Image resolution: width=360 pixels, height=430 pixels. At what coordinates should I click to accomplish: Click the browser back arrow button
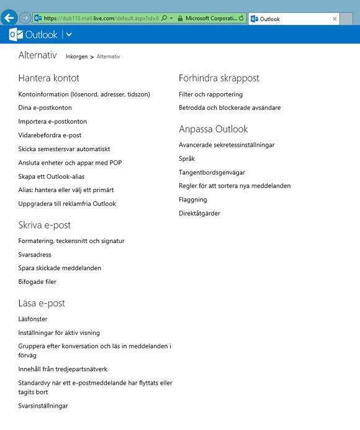[9, 18]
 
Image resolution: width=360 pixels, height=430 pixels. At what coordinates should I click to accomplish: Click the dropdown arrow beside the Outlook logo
[68, 35]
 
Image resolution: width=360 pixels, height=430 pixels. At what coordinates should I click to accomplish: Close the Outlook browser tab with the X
[335, 19]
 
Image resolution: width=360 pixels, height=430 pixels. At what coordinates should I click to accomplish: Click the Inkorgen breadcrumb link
[77, 57]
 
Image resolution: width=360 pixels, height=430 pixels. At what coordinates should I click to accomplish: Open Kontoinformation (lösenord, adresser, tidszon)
[84, 94]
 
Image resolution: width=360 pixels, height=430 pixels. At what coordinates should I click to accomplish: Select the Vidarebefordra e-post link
[50, 135]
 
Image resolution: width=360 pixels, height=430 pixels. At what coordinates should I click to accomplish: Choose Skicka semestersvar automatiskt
[64, 149]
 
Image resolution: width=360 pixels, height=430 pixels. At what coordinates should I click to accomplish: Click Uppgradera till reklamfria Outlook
[67, 204]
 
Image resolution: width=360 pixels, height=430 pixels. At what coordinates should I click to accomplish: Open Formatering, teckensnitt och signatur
[71, 241]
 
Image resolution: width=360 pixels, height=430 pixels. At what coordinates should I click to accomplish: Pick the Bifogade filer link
[37, 282]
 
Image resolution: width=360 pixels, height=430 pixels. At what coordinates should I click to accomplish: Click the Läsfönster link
[33, 319]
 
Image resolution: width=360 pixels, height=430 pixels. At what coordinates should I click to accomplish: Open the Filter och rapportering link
[210, 94]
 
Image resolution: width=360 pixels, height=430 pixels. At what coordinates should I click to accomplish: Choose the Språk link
[187, 159]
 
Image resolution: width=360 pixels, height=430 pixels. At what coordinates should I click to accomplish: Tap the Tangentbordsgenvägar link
[212, 173]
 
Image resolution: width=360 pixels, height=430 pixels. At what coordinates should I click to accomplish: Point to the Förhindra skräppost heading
[218, 78]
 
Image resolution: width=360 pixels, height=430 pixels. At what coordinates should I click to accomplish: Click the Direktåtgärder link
[199, 214]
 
